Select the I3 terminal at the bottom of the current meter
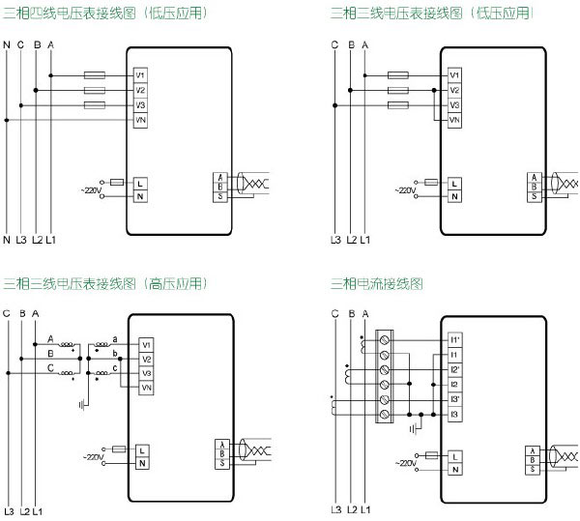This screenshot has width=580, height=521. pos(454,414)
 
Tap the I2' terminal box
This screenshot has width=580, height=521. pos(454,370)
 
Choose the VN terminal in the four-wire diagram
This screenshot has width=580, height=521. pos(141,120)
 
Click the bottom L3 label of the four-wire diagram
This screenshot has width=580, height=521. pos(21,239)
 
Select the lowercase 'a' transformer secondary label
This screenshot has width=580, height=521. pos(116,337)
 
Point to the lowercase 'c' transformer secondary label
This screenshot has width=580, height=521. pos(116,367)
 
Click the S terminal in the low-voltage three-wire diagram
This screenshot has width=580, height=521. pos(534,196)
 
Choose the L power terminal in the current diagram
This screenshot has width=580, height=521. pos(454,455)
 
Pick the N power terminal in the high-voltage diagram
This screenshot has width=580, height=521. pos(142,464)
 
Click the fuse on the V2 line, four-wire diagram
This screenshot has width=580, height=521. pos(96,90)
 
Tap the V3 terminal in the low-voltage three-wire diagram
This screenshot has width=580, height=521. pos(454,104)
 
